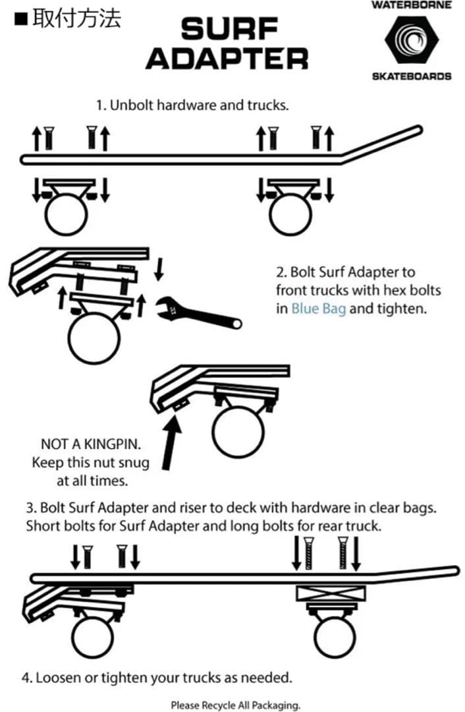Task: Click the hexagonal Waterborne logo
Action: coord(412,40)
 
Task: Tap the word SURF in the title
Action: coord(229,29)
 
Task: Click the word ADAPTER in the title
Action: coord(227,59)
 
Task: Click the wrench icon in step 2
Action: coord(198,313)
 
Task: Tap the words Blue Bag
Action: coord(319,309)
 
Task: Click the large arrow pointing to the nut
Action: coord(171,444)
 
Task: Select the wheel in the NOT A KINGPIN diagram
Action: coord(238,432)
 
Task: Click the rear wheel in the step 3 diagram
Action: coord(335,637)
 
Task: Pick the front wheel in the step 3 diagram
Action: coord(92,637)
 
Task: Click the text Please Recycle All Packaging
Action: coord(235,705)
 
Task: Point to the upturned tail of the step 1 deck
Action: coord(382,144)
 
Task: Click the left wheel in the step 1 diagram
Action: coord(67,214)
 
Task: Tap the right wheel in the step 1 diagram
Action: coord(290,214)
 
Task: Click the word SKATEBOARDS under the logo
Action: coord(412,76)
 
